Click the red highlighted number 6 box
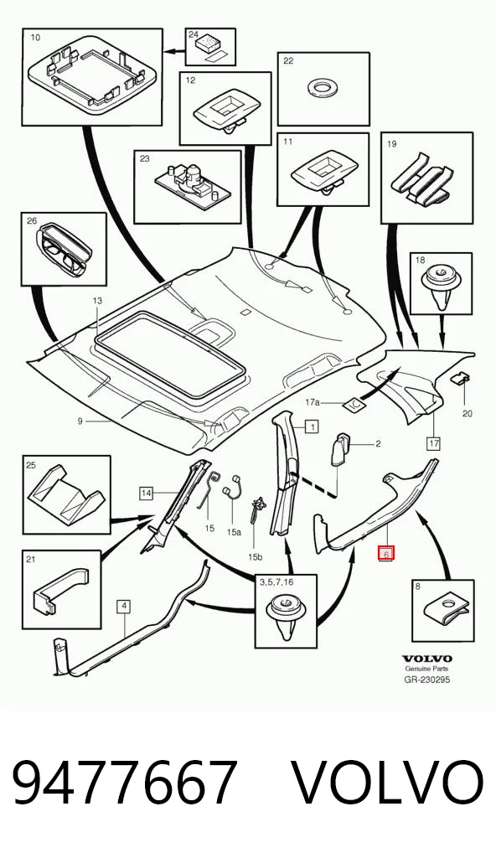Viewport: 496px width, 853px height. (x=385, y=554)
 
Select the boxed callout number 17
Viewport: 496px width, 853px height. (x=433, y=443)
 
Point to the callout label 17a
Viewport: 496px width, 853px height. (x=313, y=402)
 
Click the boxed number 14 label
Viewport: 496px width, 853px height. (x=146, y=494)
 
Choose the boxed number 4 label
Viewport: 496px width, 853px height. (x=125, y=606)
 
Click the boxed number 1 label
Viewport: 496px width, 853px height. (x=312, y=427)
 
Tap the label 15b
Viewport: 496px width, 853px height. (x=255, y=556)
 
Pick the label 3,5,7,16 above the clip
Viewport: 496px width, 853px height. (x=276, y=582)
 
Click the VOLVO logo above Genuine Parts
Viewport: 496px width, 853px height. (x=427, y=659)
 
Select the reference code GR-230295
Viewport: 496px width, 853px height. (x=427, y=680)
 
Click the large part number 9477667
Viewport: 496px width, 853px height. (x=125, y=783)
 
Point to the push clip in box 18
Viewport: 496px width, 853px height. (x=441, y=286)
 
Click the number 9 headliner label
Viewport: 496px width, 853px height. (x=80, y=421)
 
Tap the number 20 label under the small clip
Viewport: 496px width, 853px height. (x=468, y=413)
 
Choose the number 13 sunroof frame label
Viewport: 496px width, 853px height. (x=97, y=300)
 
